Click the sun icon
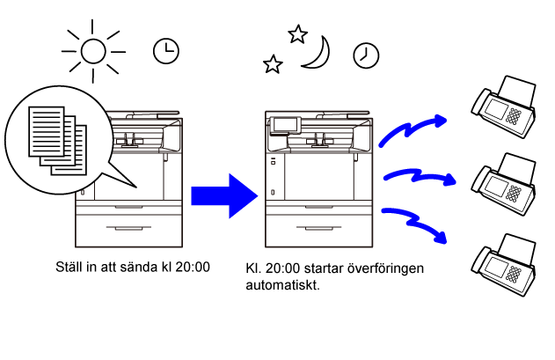[x=93, y=51]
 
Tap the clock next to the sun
[x=166, y=51]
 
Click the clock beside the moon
[x=366, y=55]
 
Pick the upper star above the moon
[x=297, y=34]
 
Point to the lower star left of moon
[x=273, y=64]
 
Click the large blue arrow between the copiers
[x=224, y=196]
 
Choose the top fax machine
[x=504, y=107]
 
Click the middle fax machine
[x=504, y=184]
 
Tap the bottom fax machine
[x=504, y=265]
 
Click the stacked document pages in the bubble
[x=58, y=141]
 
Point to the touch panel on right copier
[x=285, y=125]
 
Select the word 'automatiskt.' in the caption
[x=283, y=285]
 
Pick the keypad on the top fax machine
[x=514, y=116]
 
